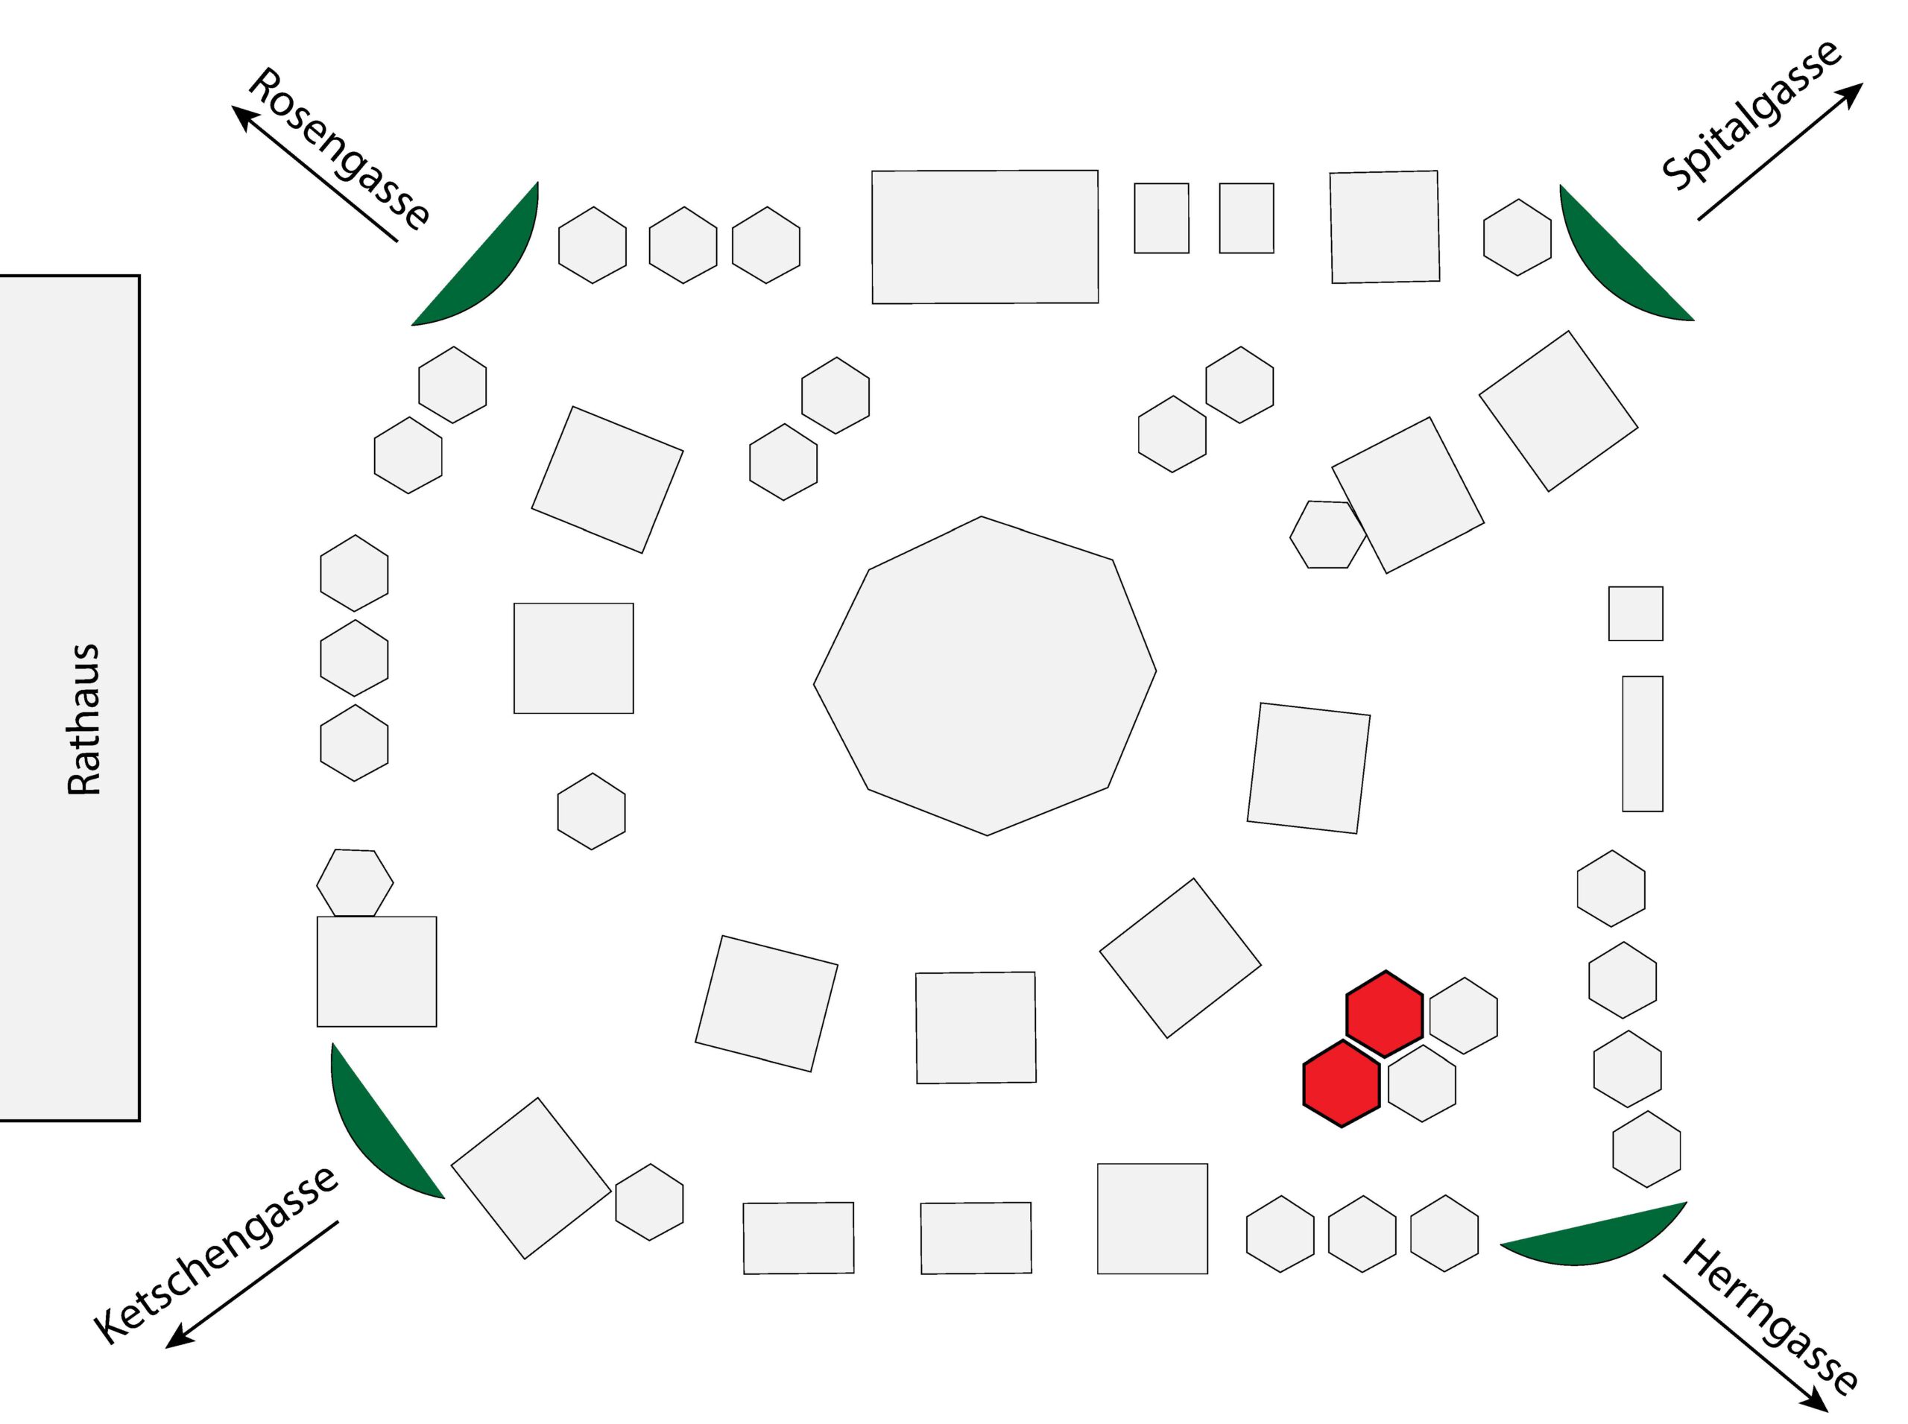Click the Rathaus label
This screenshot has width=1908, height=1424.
pos(83,719)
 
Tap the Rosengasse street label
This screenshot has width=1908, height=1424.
pos(339,148)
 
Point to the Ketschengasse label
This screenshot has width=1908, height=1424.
pos(215,1254)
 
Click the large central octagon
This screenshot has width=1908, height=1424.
pos(984,676)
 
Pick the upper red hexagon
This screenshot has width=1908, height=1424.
pos(1383,1013)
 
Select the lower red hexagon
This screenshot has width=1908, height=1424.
pos(1340,1083)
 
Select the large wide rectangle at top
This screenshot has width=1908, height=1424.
pos(984,237)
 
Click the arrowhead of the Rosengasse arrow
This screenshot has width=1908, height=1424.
pos(243,115)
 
